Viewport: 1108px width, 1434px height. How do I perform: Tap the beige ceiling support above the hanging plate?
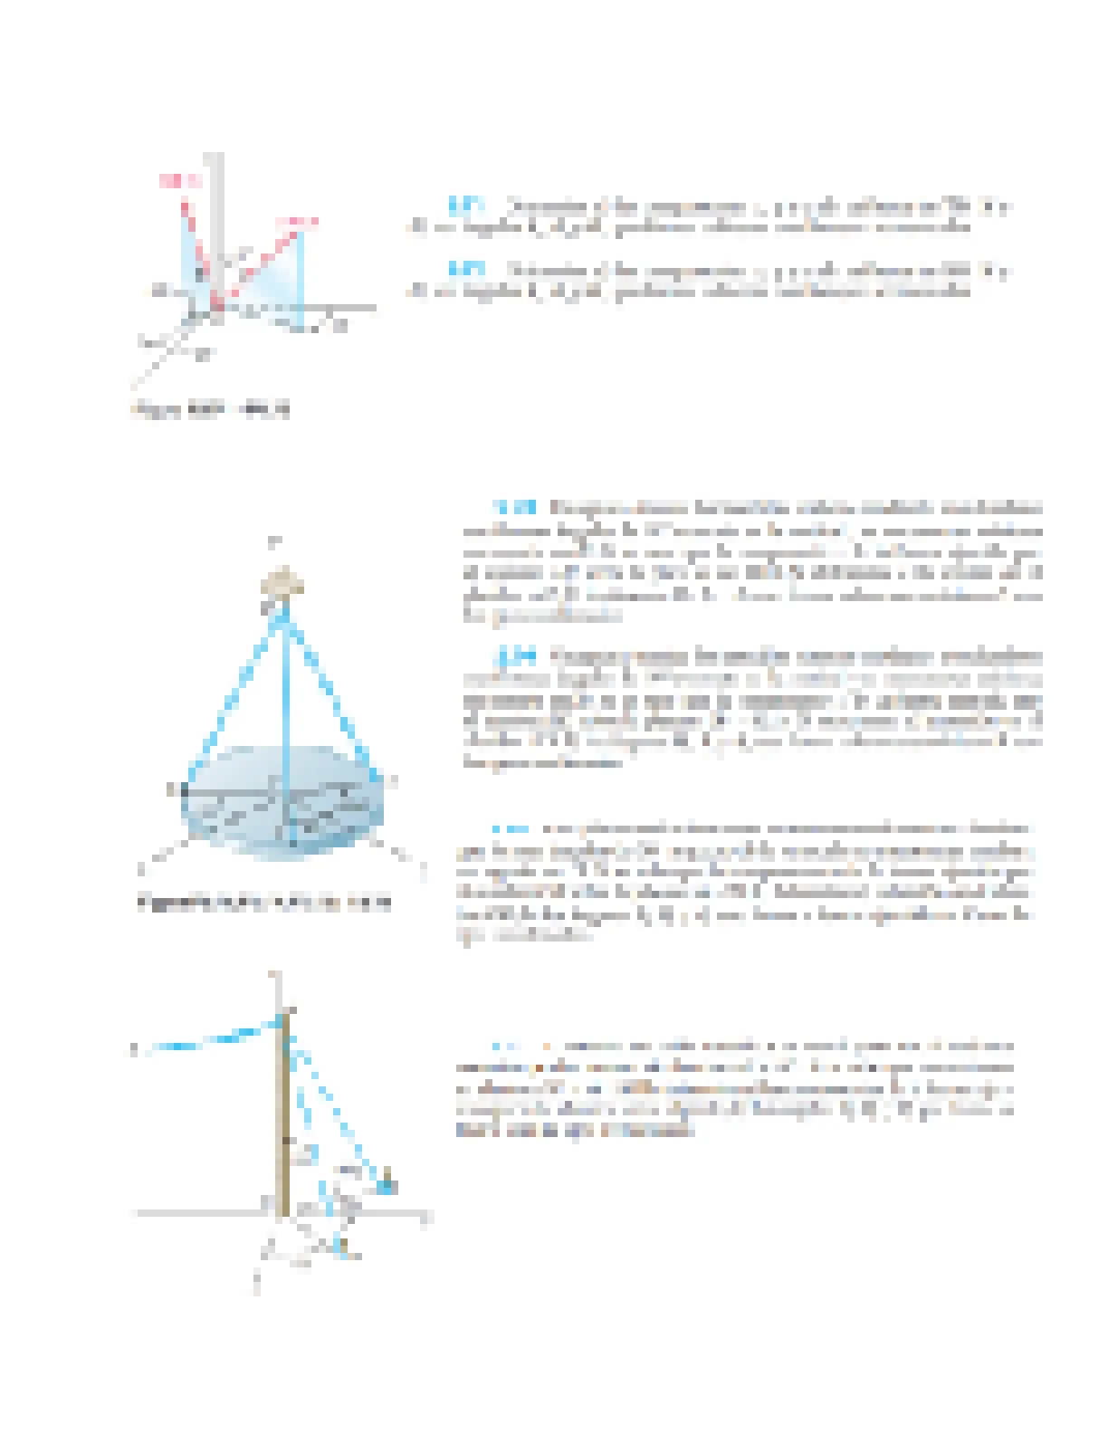point(282,582)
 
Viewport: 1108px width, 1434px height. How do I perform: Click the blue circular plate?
point(235,815)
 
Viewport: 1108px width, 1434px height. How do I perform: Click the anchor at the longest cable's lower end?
point(387,1183)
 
